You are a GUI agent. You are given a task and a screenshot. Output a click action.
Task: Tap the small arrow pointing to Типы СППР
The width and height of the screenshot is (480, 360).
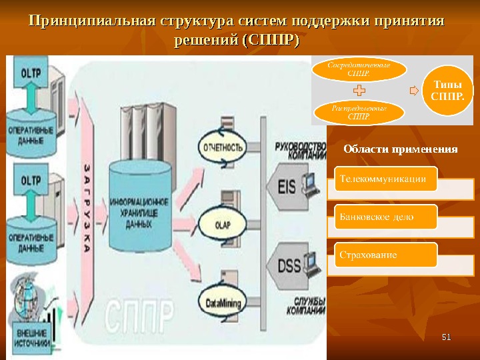414,90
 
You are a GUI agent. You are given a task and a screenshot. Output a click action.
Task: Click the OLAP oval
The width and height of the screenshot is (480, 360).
221,225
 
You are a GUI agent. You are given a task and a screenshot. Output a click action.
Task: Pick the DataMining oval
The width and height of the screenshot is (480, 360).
222,303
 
